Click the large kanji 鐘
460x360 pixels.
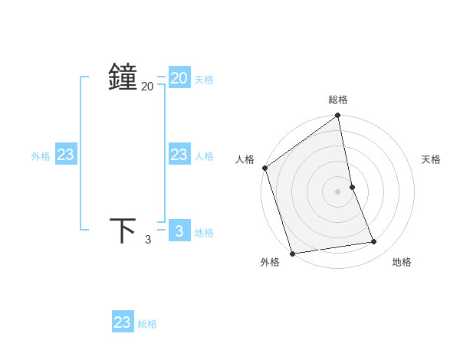[x=123, y=78]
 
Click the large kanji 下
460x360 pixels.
[x=123, y=230]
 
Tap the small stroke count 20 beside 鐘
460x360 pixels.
[x=147, y=87]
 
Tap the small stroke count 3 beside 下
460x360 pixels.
[x=148, y=240]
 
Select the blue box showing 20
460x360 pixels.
[x=179, y=78]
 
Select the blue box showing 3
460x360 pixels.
[x=179, y=230]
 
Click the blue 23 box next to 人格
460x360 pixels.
[x=179, y=155]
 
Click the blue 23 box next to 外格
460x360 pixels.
[x=66, y=155]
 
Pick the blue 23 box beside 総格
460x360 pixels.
[x=123, y=322]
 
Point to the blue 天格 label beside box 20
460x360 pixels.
[x=204, y=80]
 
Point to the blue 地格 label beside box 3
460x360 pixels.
[x=204, y=233]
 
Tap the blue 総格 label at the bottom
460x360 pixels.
[x=147, y=324]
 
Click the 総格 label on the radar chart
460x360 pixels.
[x=338, y=100]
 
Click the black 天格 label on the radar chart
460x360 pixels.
[x=432, y=159]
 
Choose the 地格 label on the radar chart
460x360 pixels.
[x=402, y=262]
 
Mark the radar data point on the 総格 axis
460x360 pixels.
[x=338, y=116]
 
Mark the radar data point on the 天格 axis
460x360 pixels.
[x=352, y=187]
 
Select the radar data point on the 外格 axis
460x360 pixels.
[x=292, y=253]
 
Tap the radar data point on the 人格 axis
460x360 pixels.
[x=264, y=168]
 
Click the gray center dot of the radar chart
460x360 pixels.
[x=338, y=191]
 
